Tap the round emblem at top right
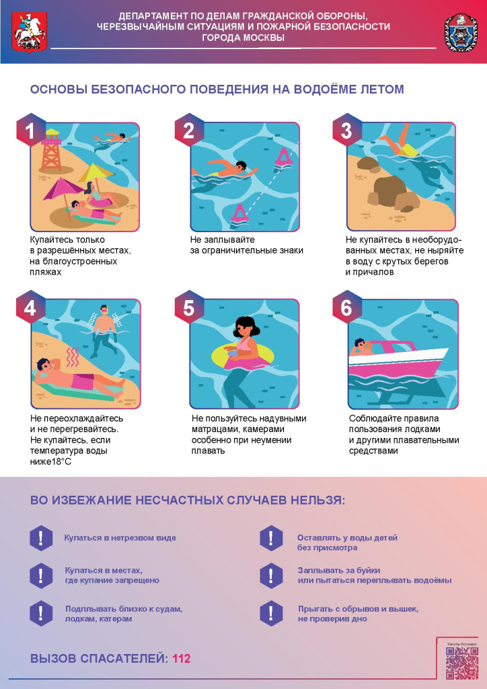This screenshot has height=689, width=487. pyautogui.click(x=461, y=32)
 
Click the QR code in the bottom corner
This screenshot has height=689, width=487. pyautogui.click(x=462, y=663)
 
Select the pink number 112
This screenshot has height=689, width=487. pyautogui.click(x=182, y=659)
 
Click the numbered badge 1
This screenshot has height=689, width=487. pyautogui.click(x=31, y=130)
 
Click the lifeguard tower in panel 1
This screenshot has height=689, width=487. pyautogui.click(x=51, y=150)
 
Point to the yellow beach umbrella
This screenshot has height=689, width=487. pyautogui.click(x=96, y=173)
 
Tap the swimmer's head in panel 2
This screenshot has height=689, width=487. pyautogui.click(x=241, y=167)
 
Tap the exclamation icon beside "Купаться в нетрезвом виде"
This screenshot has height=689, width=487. pyautogui.click(x=41, y=538)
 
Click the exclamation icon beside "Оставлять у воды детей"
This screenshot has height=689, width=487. pyautogui.click(x=271, y=538)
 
